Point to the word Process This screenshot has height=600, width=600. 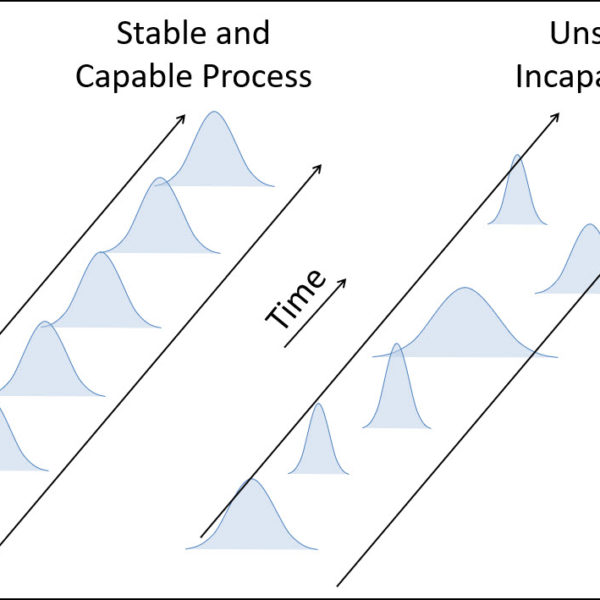260,76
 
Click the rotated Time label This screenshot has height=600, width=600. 296,299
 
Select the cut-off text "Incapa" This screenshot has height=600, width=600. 558,76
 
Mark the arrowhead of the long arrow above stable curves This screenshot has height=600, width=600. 182,118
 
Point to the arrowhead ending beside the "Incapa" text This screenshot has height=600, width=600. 556,116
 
